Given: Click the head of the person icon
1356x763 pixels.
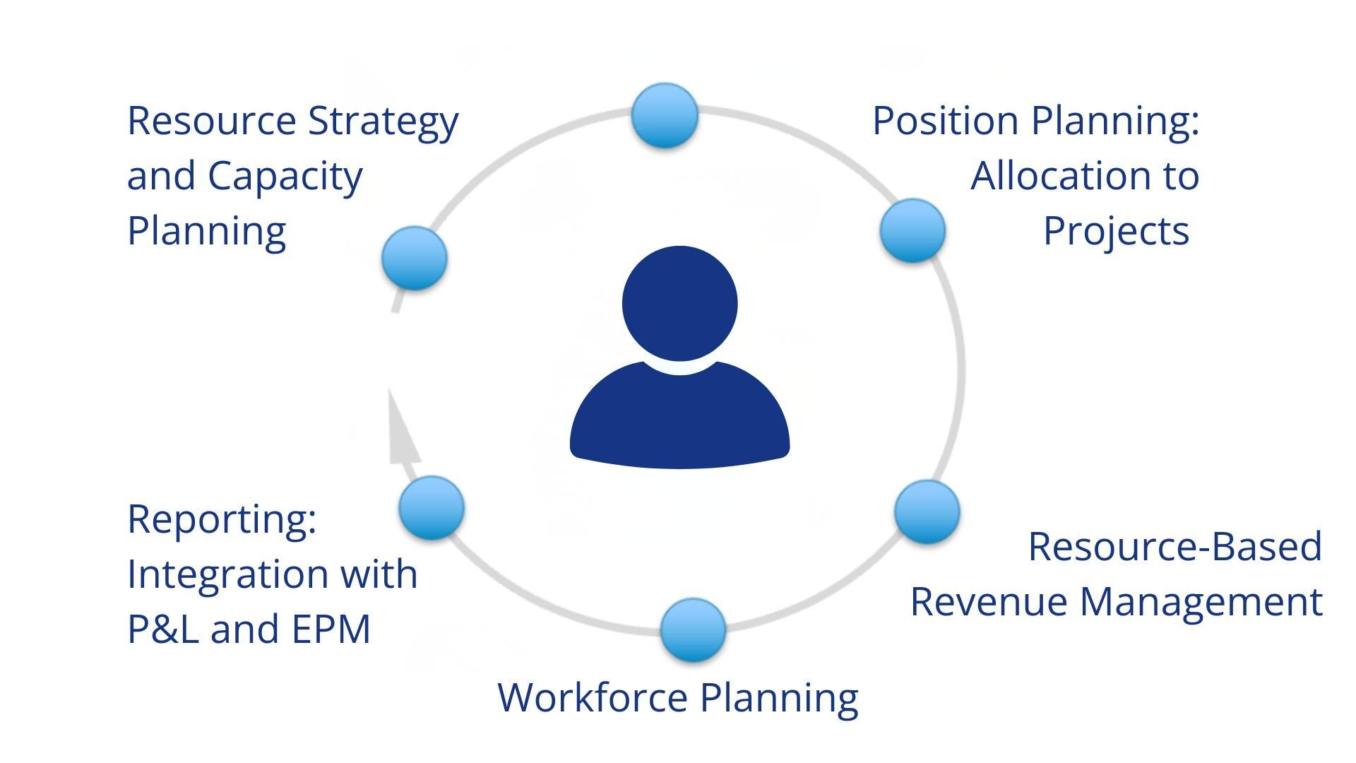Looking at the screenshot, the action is tap(679, 303).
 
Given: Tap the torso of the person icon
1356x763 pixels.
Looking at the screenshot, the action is tap(679, 417).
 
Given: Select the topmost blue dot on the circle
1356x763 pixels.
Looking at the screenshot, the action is tap(665, 115).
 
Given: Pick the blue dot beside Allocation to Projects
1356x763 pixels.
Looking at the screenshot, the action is tap(912, 230).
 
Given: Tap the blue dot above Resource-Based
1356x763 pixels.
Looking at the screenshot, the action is tap(927, 511).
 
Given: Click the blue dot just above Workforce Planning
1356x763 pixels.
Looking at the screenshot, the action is tap(693, 630).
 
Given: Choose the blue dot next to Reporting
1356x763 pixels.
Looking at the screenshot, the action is tap(431, 508).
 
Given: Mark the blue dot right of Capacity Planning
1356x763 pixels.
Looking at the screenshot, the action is tap(414, 258).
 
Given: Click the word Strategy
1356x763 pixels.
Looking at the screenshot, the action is tap(383, 122).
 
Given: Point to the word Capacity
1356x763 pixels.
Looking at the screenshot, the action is tap(285, 177).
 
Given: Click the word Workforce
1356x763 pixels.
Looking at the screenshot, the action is tap(593, 697).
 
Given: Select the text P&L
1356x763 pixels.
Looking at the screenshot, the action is tap(163, 629).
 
